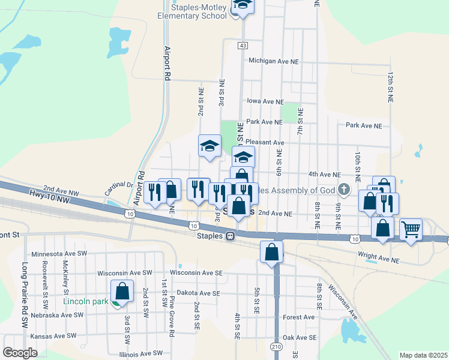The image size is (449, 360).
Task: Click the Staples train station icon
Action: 230,236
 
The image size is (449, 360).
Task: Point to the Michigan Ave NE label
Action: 273,61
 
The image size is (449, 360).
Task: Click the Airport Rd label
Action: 167,64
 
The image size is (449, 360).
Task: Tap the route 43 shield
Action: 243,46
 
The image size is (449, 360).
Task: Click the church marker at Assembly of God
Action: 343,190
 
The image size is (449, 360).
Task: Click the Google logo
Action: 20,353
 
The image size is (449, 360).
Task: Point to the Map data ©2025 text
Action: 423,355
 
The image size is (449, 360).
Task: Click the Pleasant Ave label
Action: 265,143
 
